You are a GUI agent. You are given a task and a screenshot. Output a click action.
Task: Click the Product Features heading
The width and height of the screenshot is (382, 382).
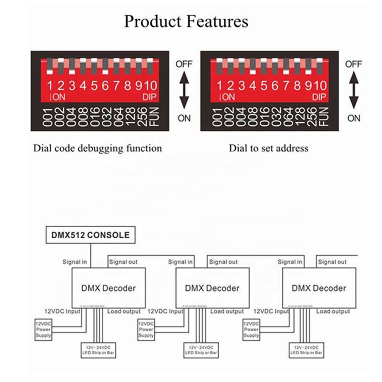pos(186,22)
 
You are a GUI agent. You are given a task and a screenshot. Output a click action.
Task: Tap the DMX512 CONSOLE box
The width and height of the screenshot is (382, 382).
pos(90,235)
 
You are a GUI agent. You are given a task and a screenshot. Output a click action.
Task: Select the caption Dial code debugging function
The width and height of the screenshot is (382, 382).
pos(97,148)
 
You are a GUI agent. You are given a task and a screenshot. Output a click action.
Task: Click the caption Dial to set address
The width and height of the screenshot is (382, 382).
pos(268,148)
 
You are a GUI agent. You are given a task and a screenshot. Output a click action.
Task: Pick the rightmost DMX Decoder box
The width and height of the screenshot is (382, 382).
pos(318,287)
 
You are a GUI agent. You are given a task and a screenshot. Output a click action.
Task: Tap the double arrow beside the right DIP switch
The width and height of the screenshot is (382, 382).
pos(354,91)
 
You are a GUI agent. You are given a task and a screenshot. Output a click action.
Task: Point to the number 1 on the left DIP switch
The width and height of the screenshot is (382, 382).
pos(49,86)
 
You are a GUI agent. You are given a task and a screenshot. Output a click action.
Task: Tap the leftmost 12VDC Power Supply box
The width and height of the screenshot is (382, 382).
pos(43,329)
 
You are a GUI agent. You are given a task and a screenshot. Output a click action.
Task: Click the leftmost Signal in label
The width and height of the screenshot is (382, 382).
pos(75,262)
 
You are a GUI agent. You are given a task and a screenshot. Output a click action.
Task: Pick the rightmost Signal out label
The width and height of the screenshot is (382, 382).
pos(333,262)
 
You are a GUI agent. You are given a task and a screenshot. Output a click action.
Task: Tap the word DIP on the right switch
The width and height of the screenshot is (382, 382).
pos(319,97)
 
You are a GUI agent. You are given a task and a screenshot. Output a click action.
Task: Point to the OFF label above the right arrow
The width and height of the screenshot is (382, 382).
pos(354,64)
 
